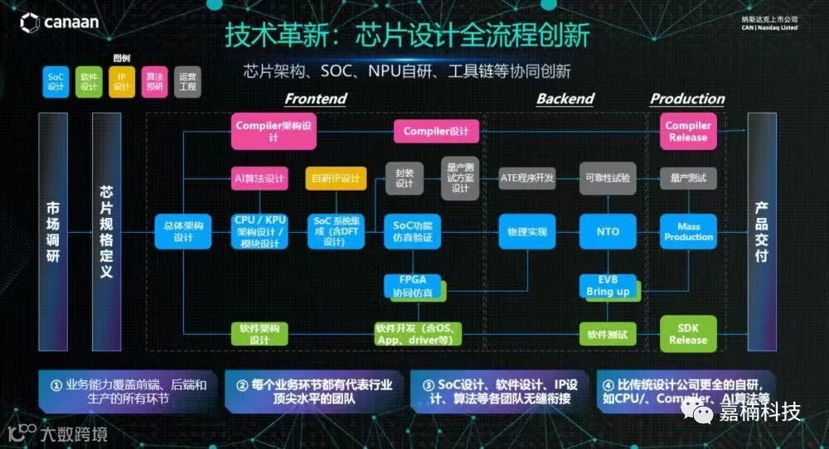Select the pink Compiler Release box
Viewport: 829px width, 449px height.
[688, 132]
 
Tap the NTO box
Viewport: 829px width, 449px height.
[608, 232]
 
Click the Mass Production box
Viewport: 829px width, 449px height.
[688, 232]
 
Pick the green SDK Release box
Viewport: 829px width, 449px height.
[688, 334]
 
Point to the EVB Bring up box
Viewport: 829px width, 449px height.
[608, 287]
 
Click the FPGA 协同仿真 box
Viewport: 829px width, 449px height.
[415, 287]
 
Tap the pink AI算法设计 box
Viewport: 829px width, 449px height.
[259, 178]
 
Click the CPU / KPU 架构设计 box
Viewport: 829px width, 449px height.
[259, 232]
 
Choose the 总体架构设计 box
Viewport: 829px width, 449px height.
[182, 232]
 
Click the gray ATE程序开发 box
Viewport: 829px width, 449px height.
[526, 177]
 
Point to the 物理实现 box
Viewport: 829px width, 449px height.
[526, 232]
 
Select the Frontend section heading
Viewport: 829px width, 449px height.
[315, 99]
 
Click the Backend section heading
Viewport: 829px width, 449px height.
[565, 99]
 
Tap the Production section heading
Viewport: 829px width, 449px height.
[687, 99]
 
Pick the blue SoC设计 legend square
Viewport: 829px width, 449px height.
[56, 81]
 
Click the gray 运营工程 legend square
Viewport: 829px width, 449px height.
[188, 81]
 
